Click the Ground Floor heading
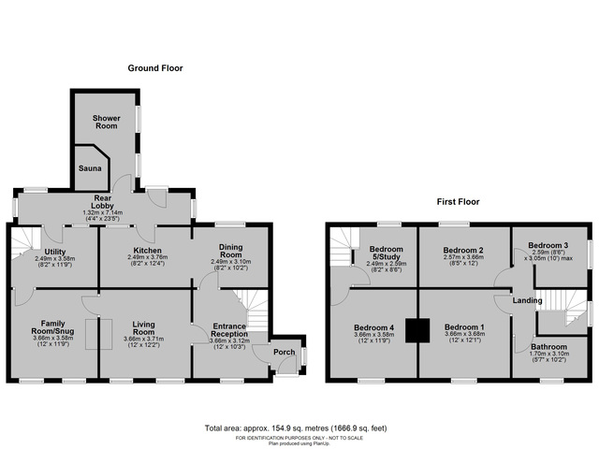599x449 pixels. click(155, 68)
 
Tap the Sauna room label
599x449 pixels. click(90, 168)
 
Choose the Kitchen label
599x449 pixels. click(147, 251)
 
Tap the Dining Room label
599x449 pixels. click(230, 251)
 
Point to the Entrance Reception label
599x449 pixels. click(228, 329)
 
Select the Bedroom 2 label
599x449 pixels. click(462, 251)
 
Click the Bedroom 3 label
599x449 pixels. click(548, 245)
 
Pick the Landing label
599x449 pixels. click(528, 300)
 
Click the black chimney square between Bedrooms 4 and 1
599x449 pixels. click(417, 329)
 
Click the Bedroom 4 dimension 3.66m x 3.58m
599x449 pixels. click(373, 335)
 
